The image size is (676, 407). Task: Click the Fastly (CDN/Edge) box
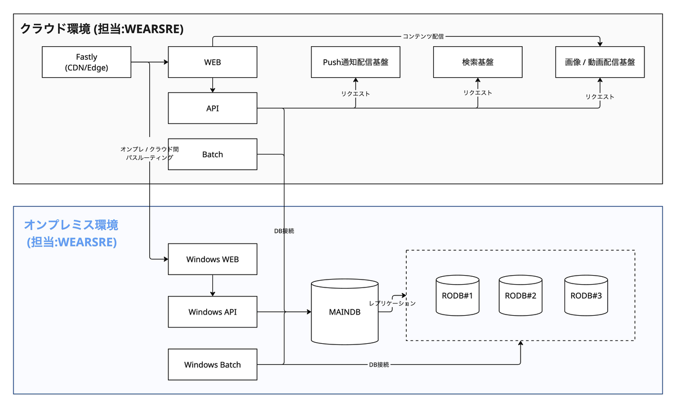click(x=86, y=62)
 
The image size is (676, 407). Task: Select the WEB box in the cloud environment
click(x=212, y=62)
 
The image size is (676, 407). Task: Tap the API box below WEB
click(x=212, y=108)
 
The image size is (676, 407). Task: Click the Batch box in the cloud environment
click(x=212, y=154)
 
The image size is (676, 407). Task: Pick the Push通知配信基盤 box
click(x=355, y=62)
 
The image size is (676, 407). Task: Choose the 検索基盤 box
click(x=478, y=62)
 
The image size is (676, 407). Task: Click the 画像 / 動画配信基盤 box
click(x=600, y=62)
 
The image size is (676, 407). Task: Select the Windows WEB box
click(x=212, y=259)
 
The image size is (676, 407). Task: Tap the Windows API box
click(x=212, y=312)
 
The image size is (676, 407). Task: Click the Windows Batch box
click(x=212, y=364)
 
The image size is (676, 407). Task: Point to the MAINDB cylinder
click(x=345, y=312)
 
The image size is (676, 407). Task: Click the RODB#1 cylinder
click(x=457, y=295)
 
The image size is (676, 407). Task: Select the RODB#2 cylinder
click(x=521, y=295)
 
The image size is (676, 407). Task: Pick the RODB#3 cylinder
click(x=586, y=295)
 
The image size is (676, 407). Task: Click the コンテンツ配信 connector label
click(x=423, y=37)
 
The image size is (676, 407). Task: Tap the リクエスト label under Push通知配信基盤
click(x=355, y=94)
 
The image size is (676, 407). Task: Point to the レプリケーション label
click(x=392, y=303)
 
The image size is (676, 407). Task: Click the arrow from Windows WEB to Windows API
click(x=212, y=285)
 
